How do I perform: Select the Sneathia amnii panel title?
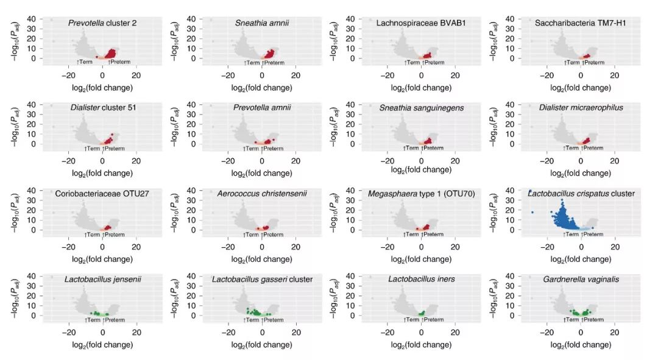(x=262, y=23)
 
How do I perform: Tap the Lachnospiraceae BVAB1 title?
(x=422, y=23)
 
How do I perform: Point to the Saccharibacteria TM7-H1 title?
(x=581, y=23)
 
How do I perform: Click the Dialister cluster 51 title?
(x=102, y=108)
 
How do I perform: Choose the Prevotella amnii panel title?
(x=262, y=108)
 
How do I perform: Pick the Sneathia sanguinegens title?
(x=422, y=108)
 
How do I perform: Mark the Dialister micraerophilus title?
(x=581, y=108)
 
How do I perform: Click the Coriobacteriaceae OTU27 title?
(x=102, y=194)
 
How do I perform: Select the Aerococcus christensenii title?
(x=262, y=194)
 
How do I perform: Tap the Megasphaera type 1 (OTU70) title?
(x=422, y=194)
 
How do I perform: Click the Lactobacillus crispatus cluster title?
(x=581, y=194)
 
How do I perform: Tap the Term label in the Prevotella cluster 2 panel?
(x=86, y=62)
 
